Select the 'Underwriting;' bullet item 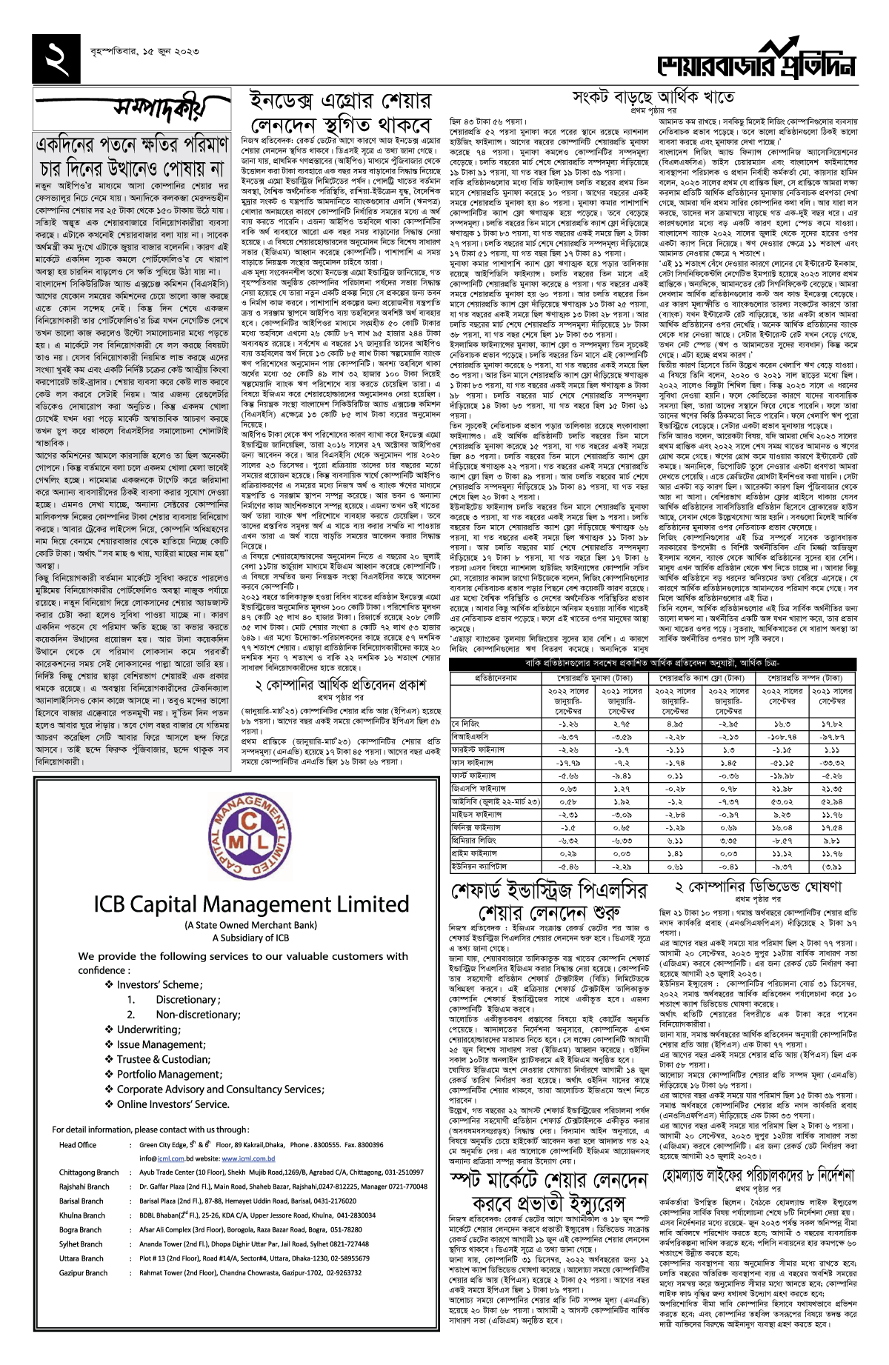coord(148,1029)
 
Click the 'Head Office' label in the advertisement coord(78,1144)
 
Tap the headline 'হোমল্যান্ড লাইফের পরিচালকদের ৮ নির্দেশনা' coord(758,1176)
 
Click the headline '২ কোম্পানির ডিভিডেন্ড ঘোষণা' coord(758,887)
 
